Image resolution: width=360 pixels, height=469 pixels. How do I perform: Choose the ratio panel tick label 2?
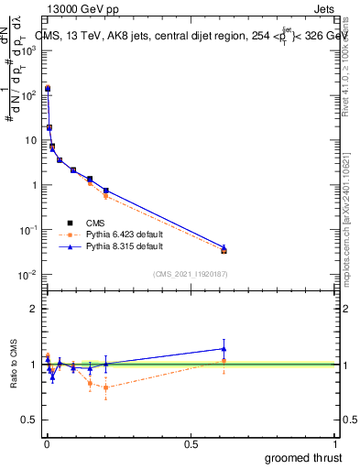click(33, 309)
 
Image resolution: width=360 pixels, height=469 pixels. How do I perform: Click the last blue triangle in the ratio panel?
click(224, 348)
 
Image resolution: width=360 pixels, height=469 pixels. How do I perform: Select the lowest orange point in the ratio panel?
click(106, 387)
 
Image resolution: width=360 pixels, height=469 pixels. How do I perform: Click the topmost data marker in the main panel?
click(47, 89)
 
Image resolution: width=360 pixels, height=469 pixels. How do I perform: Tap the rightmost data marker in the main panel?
click(224, 249)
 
